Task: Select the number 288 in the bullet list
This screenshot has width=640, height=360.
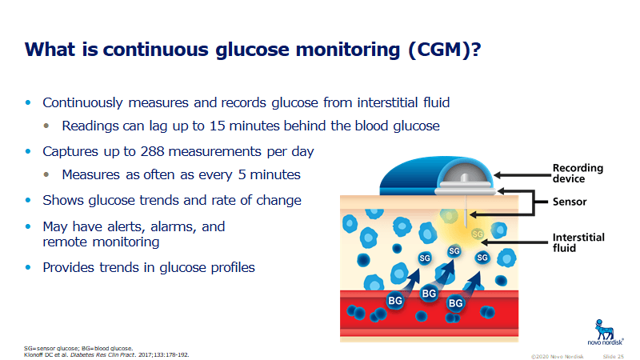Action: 152,151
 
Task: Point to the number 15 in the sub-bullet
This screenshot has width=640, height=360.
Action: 217,126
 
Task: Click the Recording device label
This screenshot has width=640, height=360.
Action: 578,173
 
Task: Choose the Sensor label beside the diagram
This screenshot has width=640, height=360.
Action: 570,202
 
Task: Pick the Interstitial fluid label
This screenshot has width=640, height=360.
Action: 578,242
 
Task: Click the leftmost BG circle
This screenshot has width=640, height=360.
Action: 394,301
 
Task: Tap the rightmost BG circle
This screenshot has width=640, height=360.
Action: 455,303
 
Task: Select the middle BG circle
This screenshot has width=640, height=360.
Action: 429,294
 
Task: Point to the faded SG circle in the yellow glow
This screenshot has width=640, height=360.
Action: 478,234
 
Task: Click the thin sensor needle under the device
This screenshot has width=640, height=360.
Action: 466,211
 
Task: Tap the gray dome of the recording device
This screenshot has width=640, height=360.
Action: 465,173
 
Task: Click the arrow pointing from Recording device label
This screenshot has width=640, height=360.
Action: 522,175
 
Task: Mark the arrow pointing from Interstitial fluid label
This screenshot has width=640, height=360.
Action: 515,242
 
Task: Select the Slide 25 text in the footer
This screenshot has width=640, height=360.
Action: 613,356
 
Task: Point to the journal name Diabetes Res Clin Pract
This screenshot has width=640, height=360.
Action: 103,354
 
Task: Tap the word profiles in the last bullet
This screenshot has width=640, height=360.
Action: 233,267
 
